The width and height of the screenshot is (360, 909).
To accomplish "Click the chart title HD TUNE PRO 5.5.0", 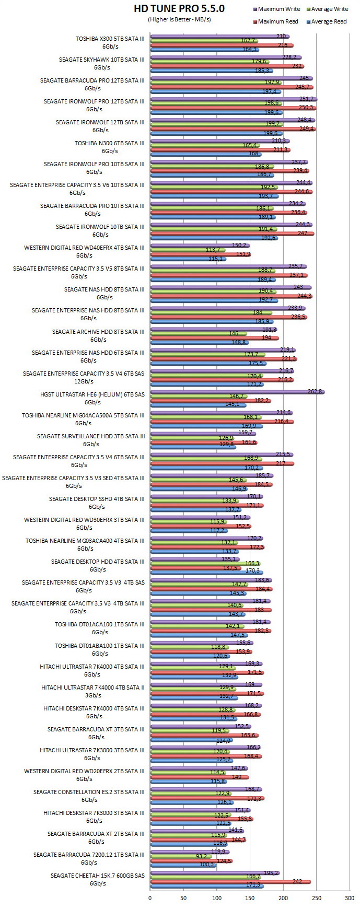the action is click(179, 9).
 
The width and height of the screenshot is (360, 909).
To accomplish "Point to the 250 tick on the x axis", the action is click(317, 898).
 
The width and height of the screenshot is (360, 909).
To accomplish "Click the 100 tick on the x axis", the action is click(217, 898).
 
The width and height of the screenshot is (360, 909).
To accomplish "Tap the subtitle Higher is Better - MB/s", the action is click(179, 19).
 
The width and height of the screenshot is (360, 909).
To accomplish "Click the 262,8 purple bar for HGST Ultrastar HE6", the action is click(237, 392).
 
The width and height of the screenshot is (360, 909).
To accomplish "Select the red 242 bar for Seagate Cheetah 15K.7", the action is click(230, 882).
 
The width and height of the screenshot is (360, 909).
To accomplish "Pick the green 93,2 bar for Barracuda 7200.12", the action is click(181, 856).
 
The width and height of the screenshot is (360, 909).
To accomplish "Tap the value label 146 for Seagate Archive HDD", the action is click(234, 333).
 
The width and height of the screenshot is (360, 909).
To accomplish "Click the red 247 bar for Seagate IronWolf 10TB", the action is click(232, 233).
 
